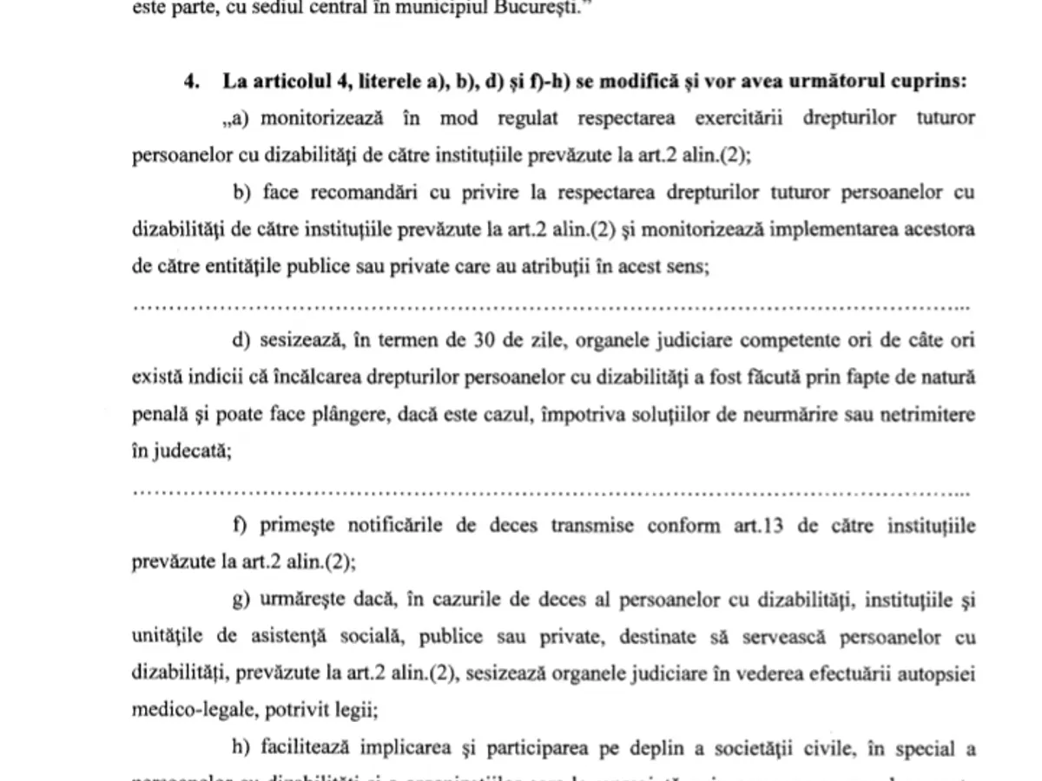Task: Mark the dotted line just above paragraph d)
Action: (551, 306)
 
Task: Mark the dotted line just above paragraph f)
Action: (551, 492)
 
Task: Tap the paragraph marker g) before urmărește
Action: (240, 601)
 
